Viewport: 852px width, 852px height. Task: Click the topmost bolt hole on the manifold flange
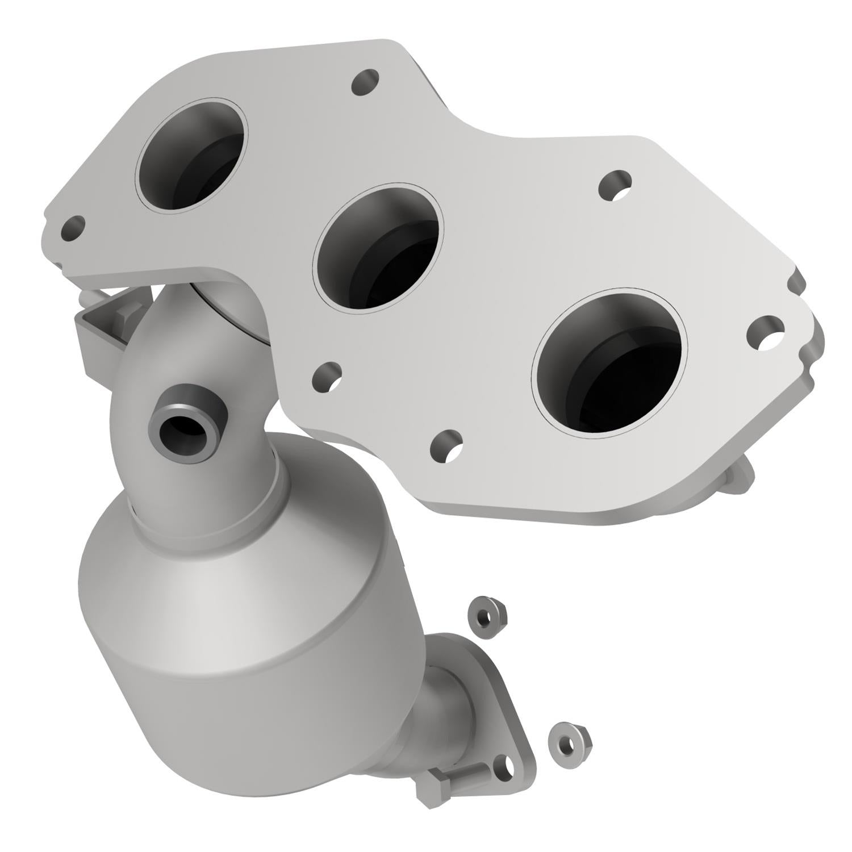tap(365, 83)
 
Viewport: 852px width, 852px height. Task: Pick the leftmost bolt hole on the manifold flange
tap(73, 228)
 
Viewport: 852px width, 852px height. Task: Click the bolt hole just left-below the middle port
tap(327, 377)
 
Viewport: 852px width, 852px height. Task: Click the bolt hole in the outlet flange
tap(504, 763)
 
